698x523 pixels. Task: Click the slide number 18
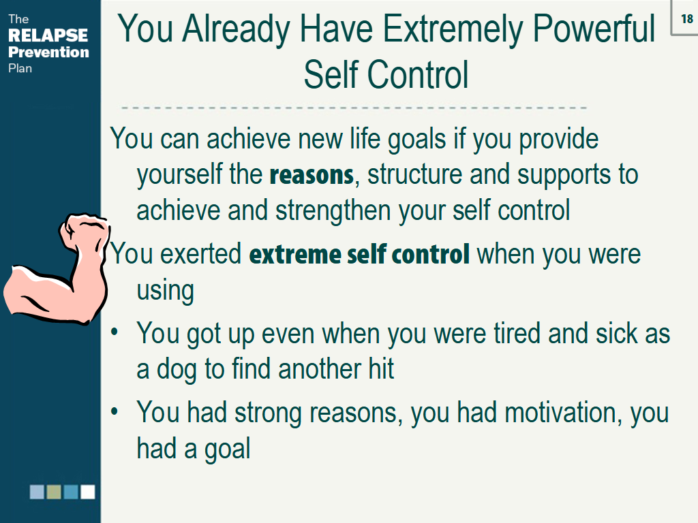687,18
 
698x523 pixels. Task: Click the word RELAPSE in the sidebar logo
48,35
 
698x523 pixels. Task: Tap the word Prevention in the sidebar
48,52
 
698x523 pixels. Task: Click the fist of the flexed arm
84,232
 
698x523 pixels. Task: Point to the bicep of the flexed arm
35,289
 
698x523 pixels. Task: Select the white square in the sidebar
88,492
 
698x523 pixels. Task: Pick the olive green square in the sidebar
54,492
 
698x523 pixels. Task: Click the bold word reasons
312,175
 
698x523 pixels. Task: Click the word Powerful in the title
594,29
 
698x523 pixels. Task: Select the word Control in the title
418,75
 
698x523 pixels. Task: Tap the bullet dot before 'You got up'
115,332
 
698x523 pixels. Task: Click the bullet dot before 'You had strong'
115,411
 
